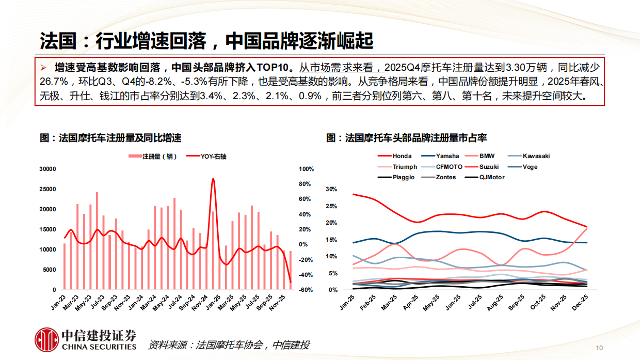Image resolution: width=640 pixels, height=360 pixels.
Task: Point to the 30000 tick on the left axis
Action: (47, 169)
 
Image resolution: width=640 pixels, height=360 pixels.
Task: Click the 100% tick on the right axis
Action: (307, 169)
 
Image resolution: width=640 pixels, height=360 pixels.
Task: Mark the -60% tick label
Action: (306, 290)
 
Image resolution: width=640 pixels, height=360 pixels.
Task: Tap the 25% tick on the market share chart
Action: (331, 206)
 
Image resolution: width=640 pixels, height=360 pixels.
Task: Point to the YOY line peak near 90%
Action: (213, 179)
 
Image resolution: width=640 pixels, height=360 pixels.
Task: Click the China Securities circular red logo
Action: (46, 339)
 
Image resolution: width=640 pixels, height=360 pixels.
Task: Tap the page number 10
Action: (599, 348)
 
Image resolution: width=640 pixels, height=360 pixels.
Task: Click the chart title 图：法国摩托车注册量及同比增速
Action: (110, 138)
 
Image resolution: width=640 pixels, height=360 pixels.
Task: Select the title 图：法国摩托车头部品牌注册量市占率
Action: (406, 138)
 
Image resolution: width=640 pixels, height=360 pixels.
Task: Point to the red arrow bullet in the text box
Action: (44, 68)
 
